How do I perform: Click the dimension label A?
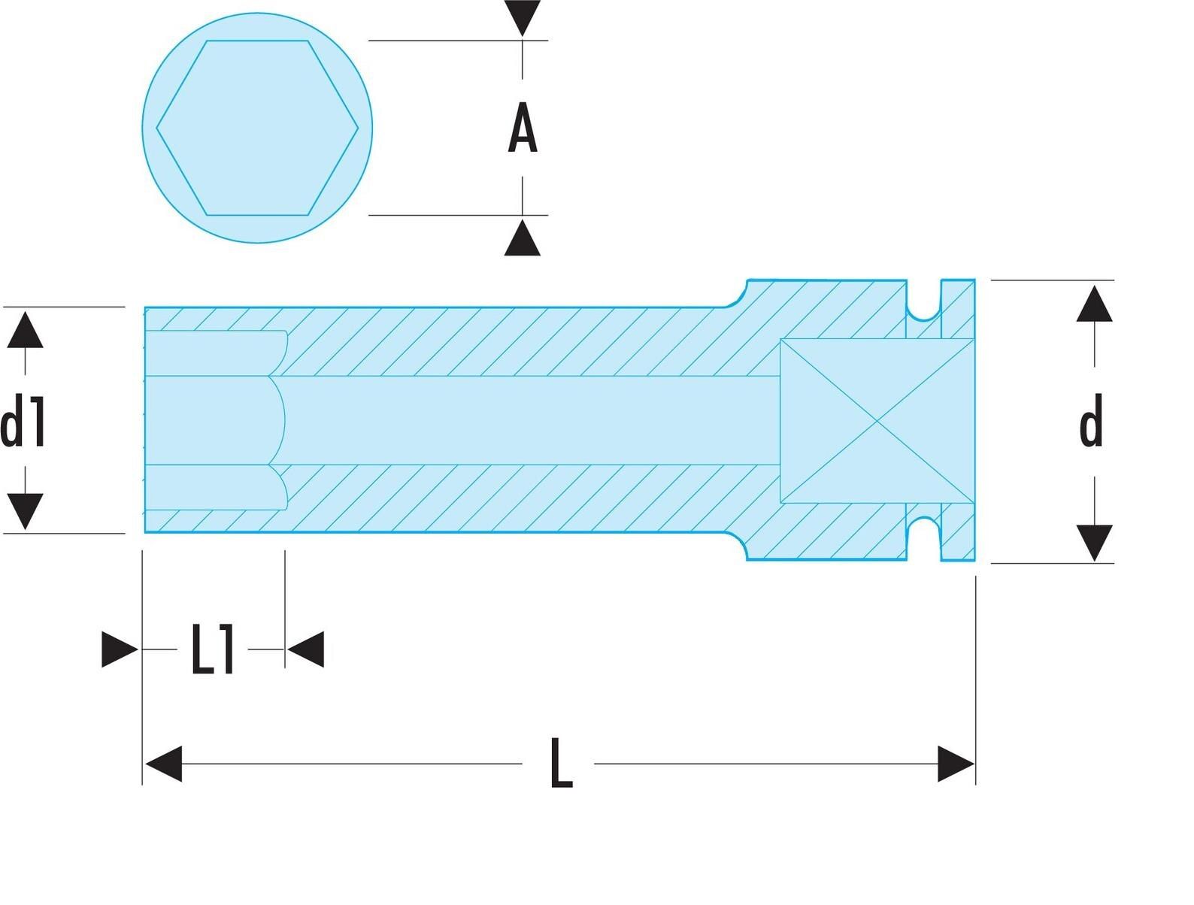(x=523, y=128)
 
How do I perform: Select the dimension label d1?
(x=23, y=420)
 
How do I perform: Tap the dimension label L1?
(x=213, y=649)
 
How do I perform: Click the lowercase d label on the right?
(x=1091, y=420)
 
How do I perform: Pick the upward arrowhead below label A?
(x=523, y=238)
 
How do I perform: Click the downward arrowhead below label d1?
(x=25, y=511)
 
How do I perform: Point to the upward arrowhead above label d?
(x=1095, y=304)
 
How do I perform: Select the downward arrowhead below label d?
(x=1095, y=543)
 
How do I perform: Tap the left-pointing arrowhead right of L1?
(x=306, y=649)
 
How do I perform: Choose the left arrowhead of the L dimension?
(x=164, y=764)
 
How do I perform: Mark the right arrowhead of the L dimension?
(x=956, y=764)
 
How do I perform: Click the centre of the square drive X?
(x=877, y=421)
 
